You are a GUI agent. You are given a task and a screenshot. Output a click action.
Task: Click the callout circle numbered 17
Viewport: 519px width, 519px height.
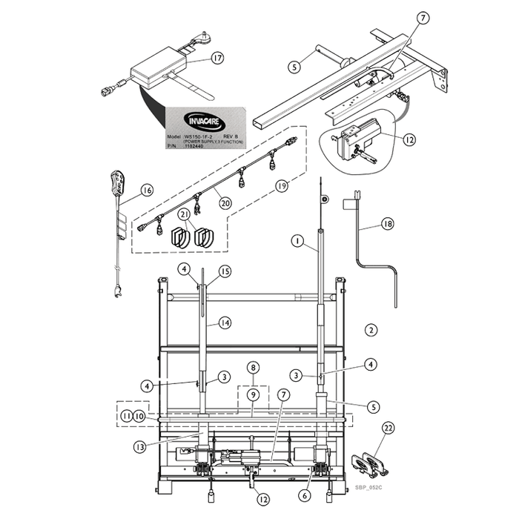[x=216, y=57]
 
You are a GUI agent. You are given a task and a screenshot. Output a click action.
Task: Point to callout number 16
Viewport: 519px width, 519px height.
[x=145, y=191]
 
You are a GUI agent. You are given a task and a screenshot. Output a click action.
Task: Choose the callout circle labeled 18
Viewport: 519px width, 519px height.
[x=388, y=224]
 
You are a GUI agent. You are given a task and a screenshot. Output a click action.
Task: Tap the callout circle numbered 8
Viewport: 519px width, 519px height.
[x=253, y=367]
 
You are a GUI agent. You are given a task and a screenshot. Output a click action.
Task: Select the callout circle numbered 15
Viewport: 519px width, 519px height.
[x=225, y=272]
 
